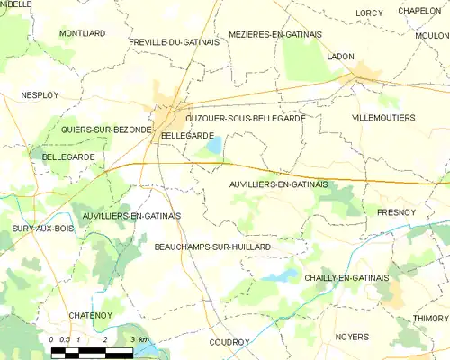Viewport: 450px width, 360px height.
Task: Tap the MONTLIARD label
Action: pos(82,33)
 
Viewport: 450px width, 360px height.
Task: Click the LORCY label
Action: pos(369,13)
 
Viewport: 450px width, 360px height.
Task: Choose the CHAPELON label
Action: pos(418,10)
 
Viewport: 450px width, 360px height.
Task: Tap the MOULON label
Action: pos(433,35)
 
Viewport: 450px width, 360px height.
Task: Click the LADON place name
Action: pos(341,56)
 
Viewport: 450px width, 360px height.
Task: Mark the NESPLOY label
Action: pos(39,94)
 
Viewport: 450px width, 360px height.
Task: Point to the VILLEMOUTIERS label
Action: pos(382,118)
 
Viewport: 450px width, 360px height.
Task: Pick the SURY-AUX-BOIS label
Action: pos(42,229)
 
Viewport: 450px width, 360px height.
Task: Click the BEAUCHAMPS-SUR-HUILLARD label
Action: pos(212,246)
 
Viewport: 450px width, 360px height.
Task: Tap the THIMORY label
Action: pos(429,318)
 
